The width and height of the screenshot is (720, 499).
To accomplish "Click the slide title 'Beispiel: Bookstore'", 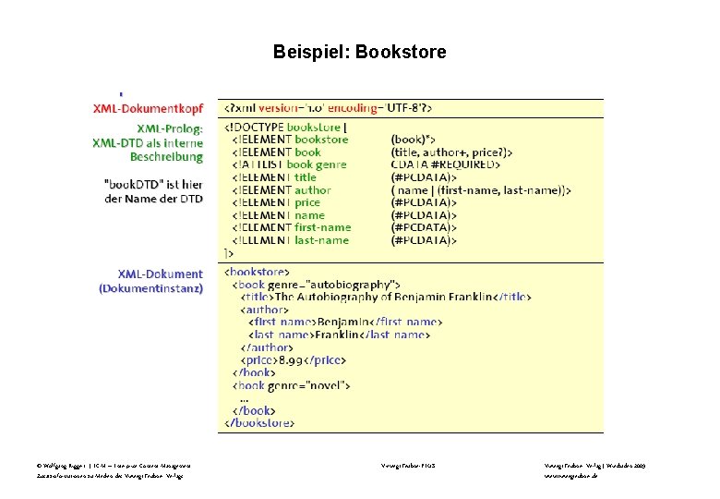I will click(359, 53).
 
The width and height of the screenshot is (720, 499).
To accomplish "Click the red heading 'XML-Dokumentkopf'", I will click(148, 108).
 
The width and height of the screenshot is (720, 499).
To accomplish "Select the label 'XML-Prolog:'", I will click(169, 128).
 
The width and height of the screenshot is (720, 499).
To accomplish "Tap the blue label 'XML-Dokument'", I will click(160, 274).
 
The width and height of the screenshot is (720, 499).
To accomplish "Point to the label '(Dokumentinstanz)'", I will click(150, 288).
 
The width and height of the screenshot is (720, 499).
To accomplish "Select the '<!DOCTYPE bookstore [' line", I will click(285, 127).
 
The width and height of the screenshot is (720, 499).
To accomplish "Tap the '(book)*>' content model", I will click(415, 140).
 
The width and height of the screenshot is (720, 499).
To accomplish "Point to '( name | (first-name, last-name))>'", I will click(481, 190).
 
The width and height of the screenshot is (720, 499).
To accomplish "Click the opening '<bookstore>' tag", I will click(258, 272).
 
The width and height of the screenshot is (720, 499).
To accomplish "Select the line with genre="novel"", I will click(291, 384).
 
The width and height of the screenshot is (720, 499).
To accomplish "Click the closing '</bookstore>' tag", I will click(260, 422).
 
